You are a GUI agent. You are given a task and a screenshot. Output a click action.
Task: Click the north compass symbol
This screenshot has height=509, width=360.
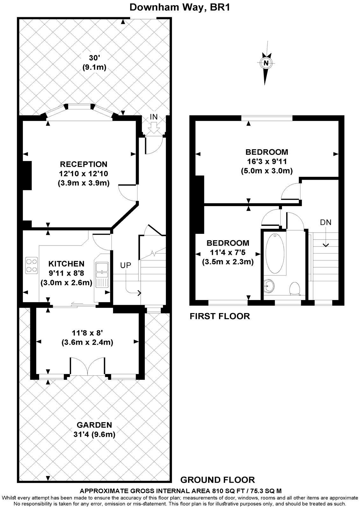(x=266, y=63)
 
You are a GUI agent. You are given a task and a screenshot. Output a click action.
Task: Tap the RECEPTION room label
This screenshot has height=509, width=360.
(x=84, y=164)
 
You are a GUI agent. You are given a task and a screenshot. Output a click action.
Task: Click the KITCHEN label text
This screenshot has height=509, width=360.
(x=66, y=264)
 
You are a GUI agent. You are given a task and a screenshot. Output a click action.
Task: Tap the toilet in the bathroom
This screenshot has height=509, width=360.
(x=293, y=288)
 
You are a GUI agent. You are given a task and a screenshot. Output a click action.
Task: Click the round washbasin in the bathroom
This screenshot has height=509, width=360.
(x=269, y=285)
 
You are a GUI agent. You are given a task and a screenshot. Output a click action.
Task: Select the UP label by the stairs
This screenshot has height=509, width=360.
(x=125, y=265)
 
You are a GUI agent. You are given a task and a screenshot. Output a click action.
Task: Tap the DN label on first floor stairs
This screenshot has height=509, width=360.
(x=326, y=222)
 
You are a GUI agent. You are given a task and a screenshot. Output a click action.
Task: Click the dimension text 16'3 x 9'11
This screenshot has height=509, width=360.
(x=266, y=161)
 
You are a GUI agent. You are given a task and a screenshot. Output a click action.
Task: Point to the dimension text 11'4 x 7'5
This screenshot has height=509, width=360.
(x=228, y=253)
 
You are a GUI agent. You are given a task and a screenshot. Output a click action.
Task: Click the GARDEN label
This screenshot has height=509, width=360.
(x=94, y=425)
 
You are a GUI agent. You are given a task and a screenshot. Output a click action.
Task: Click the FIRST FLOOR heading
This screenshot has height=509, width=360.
(x=220, y=316)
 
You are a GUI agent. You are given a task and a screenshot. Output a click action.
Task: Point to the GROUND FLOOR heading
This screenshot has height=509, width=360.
(x=217, y=480)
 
